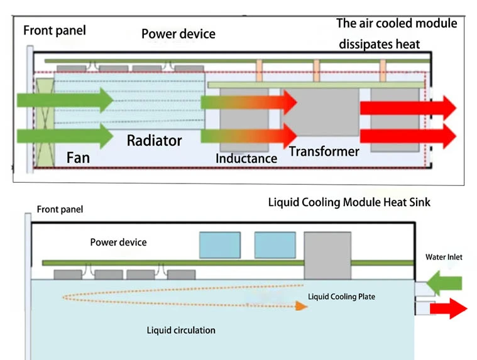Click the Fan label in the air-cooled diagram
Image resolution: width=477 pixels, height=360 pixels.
pos(78,156)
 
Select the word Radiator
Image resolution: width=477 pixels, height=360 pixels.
pos(154,140)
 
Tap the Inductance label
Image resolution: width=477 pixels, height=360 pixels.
pos(246,158)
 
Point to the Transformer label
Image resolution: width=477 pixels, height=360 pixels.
pos(324,151)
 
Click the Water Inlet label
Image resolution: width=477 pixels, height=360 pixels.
pos(444,257)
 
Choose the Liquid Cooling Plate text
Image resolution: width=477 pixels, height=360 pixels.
pos(341,296)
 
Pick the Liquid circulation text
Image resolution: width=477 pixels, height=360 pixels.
pos(181,330)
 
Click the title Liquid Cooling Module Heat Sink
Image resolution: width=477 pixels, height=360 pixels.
pos(349,202)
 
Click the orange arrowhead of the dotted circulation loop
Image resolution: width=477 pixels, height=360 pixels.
pos(302,306)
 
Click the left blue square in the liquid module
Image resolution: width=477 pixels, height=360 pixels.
pos(219,245)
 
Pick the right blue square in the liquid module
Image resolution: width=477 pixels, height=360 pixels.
pos(275,245)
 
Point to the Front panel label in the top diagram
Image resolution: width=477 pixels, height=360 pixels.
pos(55,30)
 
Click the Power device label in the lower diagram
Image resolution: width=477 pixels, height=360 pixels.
pos(118,242)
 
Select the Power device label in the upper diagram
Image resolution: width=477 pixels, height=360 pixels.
pos(178,33)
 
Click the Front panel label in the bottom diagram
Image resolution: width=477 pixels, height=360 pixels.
pos(60,209)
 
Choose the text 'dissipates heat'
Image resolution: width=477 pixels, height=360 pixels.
pos(379,44)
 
